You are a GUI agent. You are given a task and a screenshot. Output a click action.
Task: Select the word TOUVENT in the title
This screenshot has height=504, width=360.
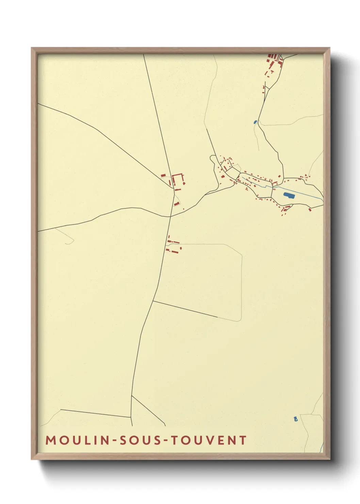(x=208, y=440)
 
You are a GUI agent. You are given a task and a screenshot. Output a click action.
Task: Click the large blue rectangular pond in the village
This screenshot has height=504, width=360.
(x=289, y=195)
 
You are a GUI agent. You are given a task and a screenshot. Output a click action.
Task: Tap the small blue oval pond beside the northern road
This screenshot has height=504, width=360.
(x=255, y=122)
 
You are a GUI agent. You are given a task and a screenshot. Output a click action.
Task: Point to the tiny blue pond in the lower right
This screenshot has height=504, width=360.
(x=296, y=419)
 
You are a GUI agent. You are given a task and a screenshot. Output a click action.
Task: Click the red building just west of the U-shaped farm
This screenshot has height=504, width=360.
(x=163, y=175)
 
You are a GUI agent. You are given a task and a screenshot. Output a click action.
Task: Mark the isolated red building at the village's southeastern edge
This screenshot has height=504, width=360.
(x=310, y=209)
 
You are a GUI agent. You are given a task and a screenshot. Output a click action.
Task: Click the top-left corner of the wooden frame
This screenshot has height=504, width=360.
(x=32, y=48)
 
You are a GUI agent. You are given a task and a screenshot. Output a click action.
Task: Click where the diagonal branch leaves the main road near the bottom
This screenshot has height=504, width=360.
(x=132, y=396)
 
